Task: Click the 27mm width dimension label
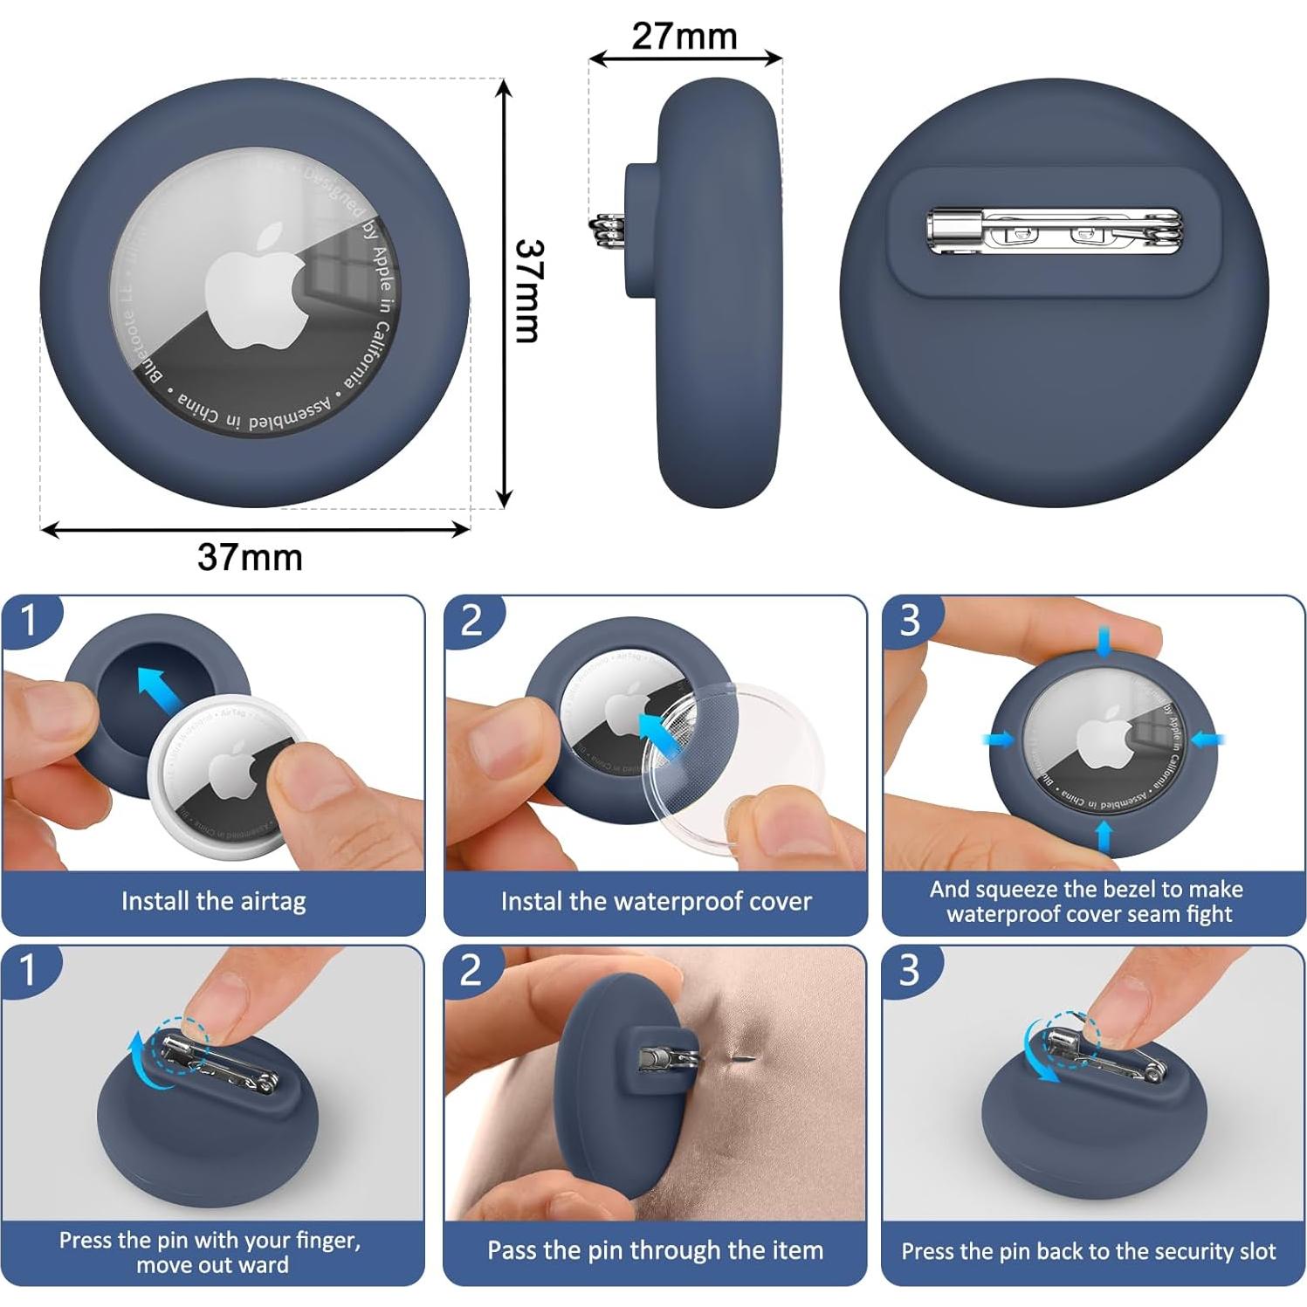coord(684,36)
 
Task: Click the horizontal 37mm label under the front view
coord(250,557)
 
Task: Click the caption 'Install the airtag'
coord(213,901)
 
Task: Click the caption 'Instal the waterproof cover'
coord(656,901)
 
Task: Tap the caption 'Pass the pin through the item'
coord(655,1250)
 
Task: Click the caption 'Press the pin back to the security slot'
coord(1089,1251)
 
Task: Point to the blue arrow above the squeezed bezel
coord(1104,642)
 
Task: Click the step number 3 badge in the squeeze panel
coord(910,620)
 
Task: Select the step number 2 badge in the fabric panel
coord(471,970)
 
